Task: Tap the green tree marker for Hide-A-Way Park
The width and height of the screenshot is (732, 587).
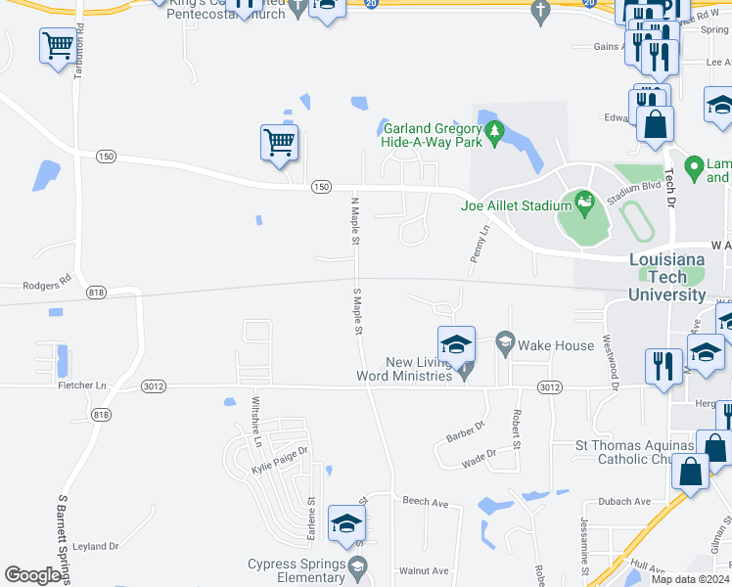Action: (x=494, y=132)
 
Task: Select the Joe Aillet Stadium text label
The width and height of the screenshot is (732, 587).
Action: (x=516, y=205)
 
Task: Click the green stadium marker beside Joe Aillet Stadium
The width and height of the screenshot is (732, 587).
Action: (x=585, y=203)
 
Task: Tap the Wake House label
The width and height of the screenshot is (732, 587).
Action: (x=556, y=345)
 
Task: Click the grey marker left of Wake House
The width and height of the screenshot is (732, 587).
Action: (x=505, y=341)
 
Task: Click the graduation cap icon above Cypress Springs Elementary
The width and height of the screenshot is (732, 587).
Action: (x=346, y=524)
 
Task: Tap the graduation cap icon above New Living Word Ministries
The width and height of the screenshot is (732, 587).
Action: (x=456, y=344)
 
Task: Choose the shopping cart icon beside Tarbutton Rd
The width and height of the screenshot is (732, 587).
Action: (x=58, y=45)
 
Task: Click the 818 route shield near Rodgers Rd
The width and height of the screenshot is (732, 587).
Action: (x=96, y=293)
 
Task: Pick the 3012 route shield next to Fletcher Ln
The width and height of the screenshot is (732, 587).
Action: (x=152, y=387)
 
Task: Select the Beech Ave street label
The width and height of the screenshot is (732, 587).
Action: (x=424, y=503)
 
